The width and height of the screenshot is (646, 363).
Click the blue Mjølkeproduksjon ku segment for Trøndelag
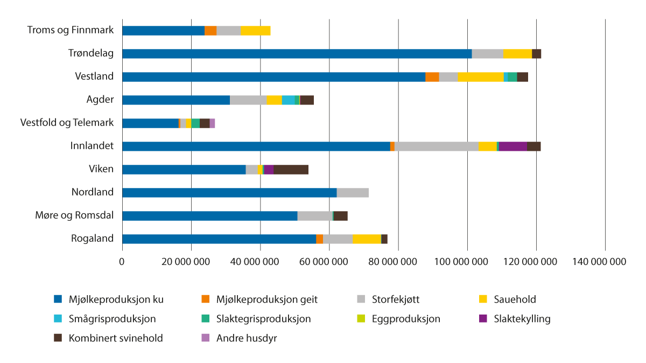point(297,53)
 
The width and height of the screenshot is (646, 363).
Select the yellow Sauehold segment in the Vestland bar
point(481,76)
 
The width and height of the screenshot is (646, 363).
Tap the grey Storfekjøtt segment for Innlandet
point(437,146)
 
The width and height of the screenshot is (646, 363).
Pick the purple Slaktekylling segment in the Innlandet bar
point(513,146)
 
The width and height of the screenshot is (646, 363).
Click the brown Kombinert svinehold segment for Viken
point(291,169)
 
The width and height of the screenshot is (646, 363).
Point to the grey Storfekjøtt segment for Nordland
point(353,192)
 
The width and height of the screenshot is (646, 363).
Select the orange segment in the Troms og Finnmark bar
point(210,30)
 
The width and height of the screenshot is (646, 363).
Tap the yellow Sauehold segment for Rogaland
point(367,239)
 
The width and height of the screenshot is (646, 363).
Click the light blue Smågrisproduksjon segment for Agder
point(288,100)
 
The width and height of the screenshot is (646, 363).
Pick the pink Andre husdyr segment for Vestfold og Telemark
point(212,123)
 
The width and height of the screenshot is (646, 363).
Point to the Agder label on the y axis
point(100,100)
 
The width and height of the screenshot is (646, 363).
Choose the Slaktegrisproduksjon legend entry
point(263,319)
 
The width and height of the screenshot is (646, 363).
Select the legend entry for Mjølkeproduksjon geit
point(266,299)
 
